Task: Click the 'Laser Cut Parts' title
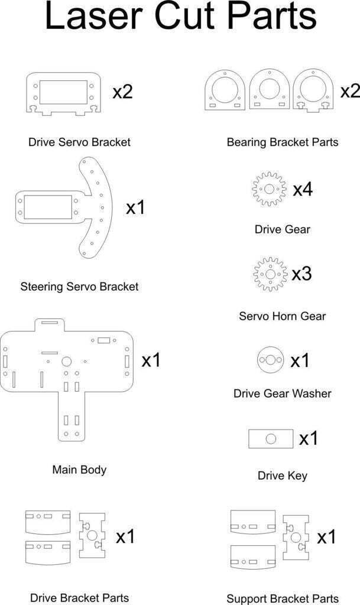coord(180,18)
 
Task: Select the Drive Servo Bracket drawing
coord(62,93)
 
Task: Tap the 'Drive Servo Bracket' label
coord(79,142)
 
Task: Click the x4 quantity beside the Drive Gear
coord(303,190)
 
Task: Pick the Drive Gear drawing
coord(270,190)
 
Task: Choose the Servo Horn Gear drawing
coord(270,275)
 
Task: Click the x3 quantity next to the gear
coord(301,275)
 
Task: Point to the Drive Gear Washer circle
coord(270,360)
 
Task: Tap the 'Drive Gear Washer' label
coord(282,393)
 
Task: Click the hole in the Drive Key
coord(271,438)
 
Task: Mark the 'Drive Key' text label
coord(282,476)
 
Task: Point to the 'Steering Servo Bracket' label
coord(79,287)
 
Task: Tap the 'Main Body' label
coord(79,470)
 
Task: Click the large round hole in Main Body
coord(66,361)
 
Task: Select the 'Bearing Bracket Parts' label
coord(282,142)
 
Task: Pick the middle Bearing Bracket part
coord(269,90)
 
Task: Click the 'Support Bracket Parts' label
coord(282,599)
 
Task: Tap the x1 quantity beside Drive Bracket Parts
coord(125,537)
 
